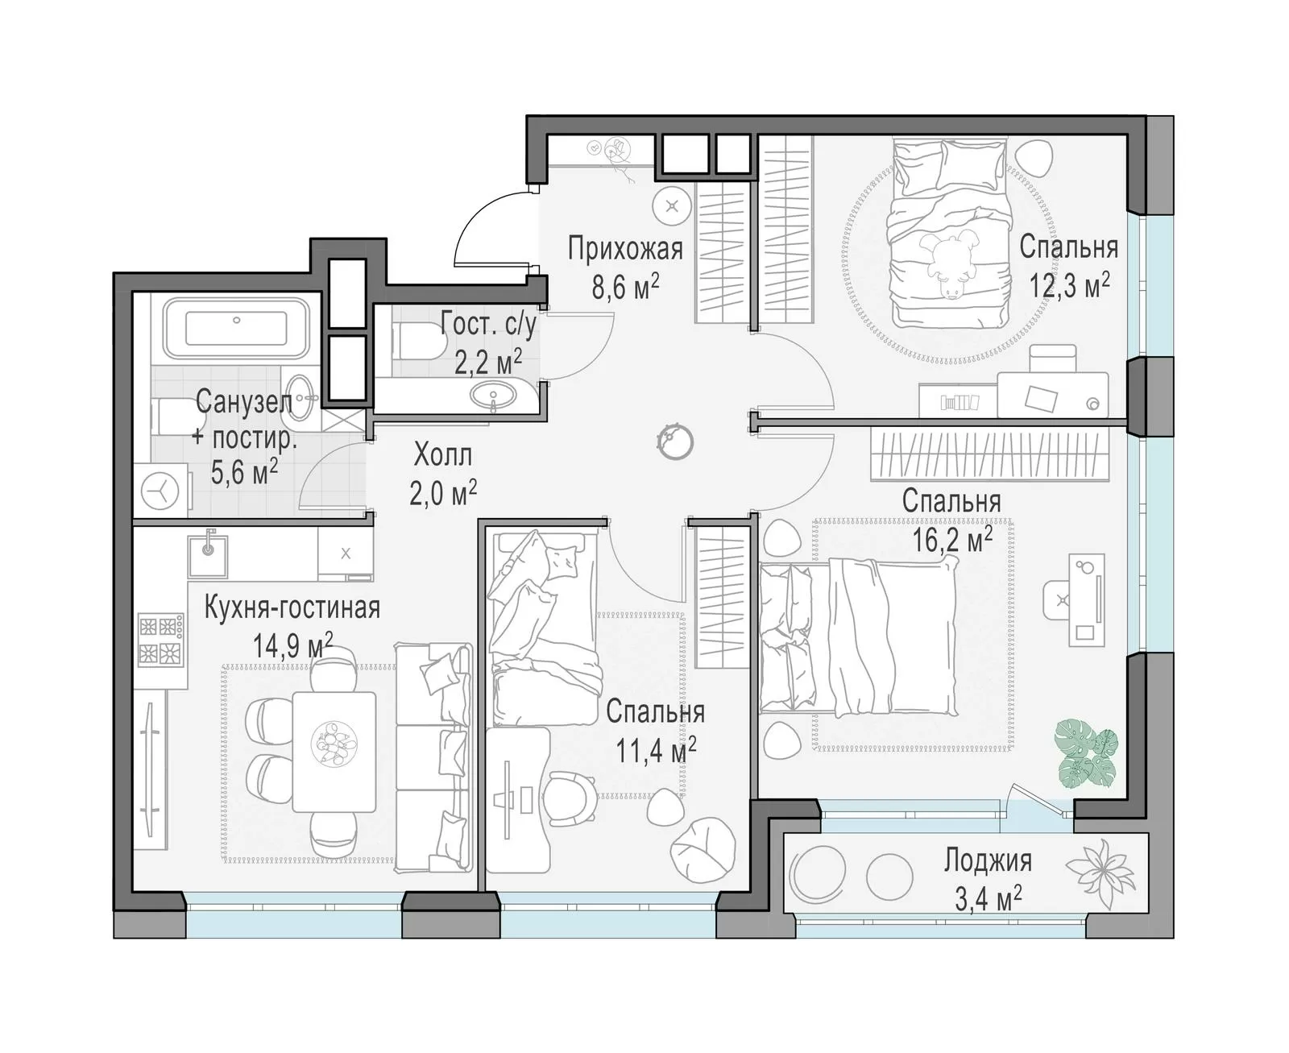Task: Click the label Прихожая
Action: [624, 249]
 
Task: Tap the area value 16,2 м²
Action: [951, 541]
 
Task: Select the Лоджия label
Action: [988, 860]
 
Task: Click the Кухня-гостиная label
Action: [292, 607]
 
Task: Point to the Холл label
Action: [443, 455]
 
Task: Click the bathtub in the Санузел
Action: [236, 328]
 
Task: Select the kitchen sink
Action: [208, 557]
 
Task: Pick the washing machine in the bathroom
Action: [161, 491]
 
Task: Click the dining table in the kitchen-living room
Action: [334, 752]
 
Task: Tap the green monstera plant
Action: [1087, 755]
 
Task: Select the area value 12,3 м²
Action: [1070, 284]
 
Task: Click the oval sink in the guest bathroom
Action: [493, 395]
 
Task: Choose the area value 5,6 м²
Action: [244, 471]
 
